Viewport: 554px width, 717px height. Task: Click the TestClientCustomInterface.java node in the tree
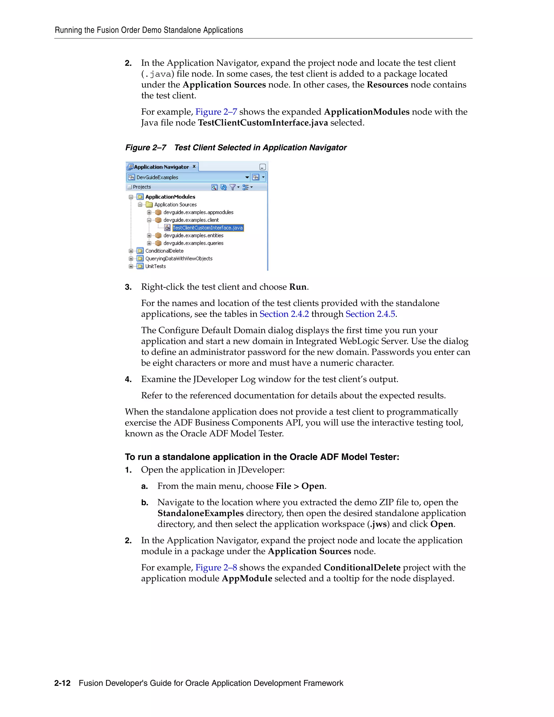click(x=207, y=228)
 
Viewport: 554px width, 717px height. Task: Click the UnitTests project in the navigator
click(x=155, y=266)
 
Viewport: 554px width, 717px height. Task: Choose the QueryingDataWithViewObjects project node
click(x=179, y=258)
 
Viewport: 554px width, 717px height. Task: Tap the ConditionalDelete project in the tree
click(x=164, y=251)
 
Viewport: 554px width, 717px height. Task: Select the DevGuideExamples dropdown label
click(x=157, y=177)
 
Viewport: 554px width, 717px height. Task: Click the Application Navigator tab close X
click(x=194, y=166)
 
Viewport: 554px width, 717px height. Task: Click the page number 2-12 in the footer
click(x=62, y=683)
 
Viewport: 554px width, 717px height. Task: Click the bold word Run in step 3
click(x=297, y=287)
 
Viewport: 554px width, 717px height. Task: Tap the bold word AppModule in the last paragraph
click(x=247, y=578)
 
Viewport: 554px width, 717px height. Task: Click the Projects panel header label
click(x=142, y=187)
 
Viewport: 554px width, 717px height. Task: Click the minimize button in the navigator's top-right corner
click(x=262, y=167)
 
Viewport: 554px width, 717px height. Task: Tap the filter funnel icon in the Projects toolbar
click(x=232, y=187)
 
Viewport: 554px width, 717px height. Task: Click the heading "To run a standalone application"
click(x=262, y=457)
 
